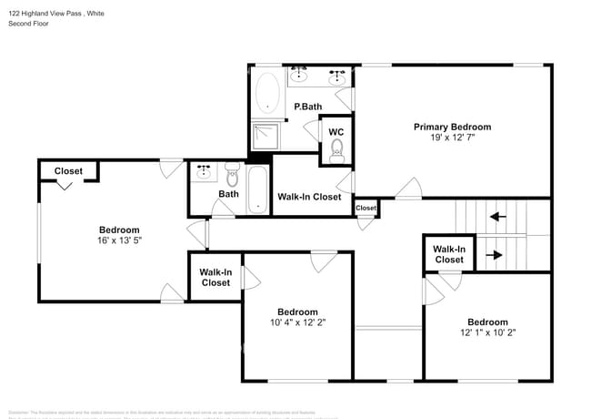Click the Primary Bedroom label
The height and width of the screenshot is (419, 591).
pos(452,127)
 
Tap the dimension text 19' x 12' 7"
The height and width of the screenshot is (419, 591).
pos(452,138)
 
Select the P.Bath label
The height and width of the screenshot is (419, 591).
pos(307,107)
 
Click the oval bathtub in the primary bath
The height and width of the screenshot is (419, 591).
pos(268,94)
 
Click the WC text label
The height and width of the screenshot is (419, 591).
pos(336,132)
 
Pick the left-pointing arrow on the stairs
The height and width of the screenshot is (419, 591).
pos(497,217)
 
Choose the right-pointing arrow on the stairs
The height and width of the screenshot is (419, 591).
pos(497,255)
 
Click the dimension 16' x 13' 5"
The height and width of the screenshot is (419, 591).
pos(119,241)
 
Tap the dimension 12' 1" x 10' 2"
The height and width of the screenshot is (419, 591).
pos(487,333)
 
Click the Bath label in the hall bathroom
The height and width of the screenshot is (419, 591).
pos(228,193)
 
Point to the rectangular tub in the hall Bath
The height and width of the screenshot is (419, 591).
pos(258,189)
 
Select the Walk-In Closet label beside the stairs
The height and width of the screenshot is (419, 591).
pos(449,254)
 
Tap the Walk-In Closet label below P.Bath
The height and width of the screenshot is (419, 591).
pos(309,197)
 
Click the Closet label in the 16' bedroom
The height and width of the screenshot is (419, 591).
pos(68,171)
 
